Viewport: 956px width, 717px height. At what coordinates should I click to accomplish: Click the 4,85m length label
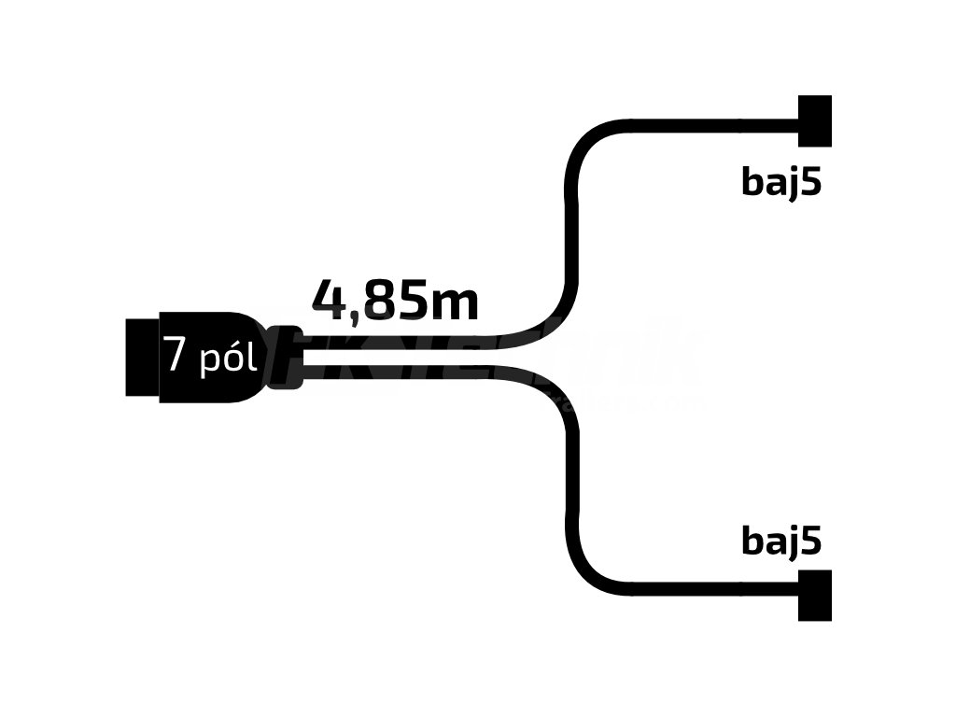coord(395,300)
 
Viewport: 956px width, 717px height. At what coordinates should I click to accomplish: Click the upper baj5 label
coord(781,182)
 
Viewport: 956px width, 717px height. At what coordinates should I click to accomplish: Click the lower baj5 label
coord(781,541)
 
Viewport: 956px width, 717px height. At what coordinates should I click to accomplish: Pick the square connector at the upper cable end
coord(814,121)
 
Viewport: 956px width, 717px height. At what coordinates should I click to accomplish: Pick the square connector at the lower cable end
coord(814,595)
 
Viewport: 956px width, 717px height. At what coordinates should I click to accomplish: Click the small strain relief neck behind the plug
coord(287,357)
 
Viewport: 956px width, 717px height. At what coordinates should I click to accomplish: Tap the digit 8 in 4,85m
coord(379,300)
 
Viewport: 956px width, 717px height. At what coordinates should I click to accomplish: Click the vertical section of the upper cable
coord(569,224)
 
